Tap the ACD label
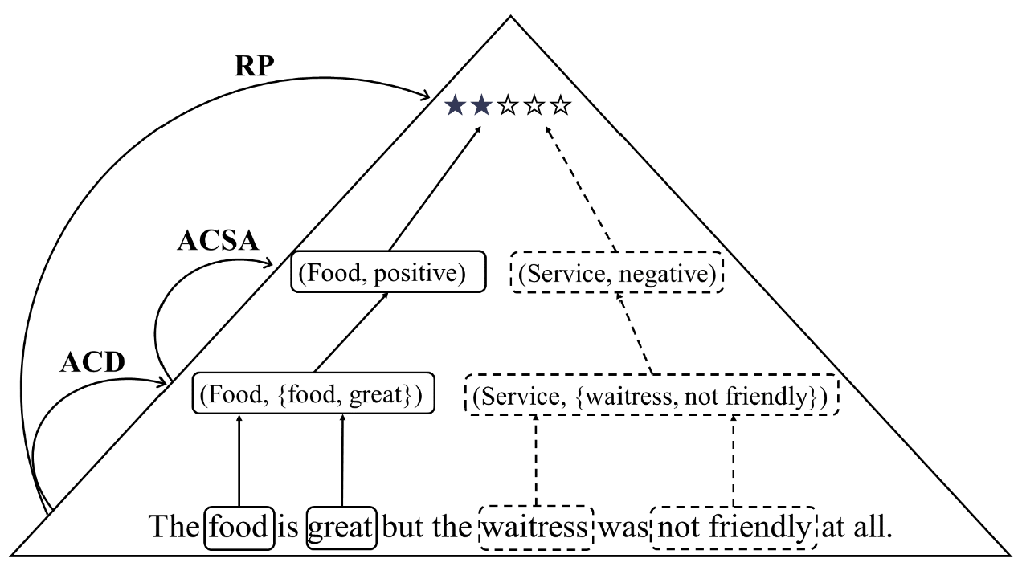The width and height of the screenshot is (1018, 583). (x=92, y=363)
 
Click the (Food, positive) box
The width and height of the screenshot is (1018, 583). (x=389, y=272)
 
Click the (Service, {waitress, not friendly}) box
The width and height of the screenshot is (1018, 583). (x=652, y=395)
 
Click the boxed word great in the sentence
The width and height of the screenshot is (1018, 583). (x=341, y=528)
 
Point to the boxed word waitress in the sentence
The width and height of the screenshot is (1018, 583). (x=536, y=528)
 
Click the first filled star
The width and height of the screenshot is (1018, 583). (x=456, y=105)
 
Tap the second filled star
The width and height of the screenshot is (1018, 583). (x=481, y=105)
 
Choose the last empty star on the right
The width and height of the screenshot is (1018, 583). (x=560, y=105)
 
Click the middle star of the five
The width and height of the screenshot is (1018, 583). (x=508, y=105)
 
